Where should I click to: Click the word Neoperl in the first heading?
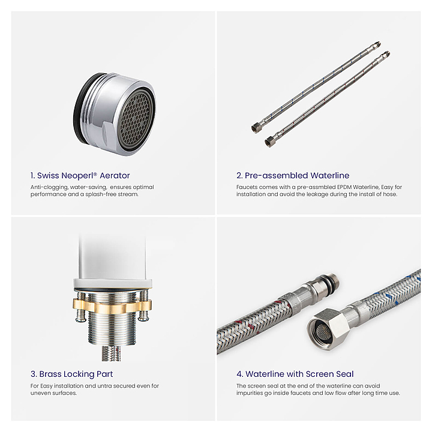tap(79, 175)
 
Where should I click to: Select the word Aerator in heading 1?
tap(115, 175)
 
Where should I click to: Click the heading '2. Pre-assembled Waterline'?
tap(293, 175)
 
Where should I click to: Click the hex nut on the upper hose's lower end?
tap(256, 127)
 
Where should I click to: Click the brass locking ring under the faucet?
tap(112, 306)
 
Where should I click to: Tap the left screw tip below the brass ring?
tap(80, 318)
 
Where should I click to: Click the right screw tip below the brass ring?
tap(143, 317)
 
